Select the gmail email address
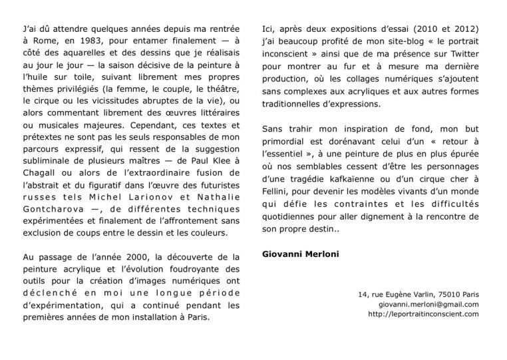[430, 303]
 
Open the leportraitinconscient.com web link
[423, 314]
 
